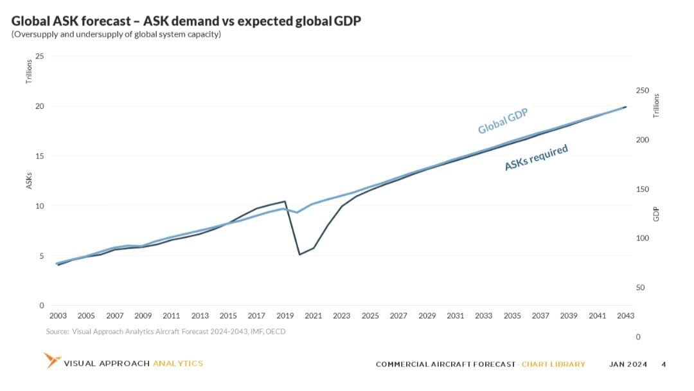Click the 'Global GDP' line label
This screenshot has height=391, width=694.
point(503,121)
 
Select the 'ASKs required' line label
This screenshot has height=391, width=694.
point(536,158)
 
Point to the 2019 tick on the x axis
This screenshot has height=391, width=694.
point(285,316)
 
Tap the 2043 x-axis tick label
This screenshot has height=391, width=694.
point(625,316)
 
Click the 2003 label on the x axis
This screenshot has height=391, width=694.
point(58,316)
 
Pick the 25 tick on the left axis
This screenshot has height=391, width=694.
point(40,57)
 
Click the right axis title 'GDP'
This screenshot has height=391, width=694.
point(656,214)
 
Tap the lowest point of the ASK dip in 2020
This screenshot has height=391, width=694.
point(299,255)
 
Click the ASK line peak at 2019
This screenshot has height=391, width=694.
point(285,201)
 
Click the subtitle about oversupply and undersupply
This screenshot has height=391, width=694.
point(116,35)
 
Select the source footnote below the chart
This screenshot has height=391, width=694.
point(166,332)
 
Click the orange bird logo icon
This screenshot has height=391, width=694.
point(51,360)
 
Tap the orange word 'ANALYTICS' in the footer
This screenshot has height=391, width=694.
point(178,363)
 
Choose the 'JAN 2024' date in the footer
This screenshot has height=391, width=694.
point(628,364)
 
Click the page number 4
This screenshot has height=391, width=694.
point(663,364)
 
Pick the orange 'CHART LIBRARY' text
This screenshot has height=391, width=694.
point(553,364)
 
